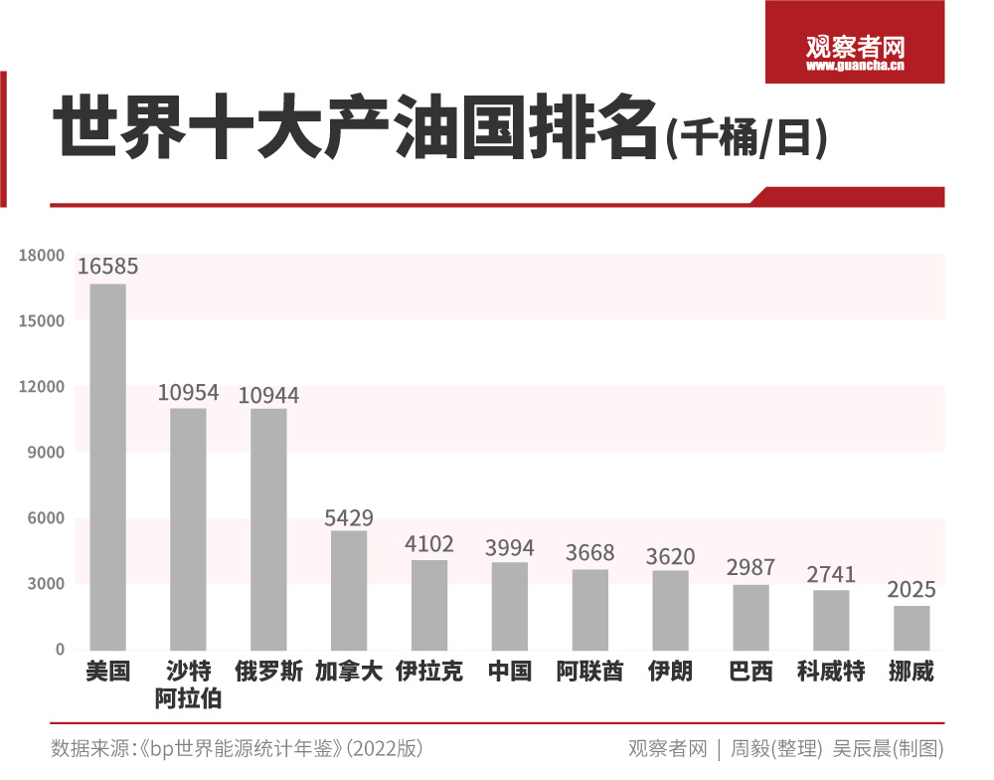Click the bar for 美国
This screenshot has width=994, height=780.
pyautogui.click(x=108, y=468)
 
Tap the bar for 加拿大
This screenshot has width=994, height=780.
pyautogui.click(x=349, y=590)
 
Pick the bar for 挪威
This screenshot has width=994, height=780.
pyautogui.click(x=911, y=628)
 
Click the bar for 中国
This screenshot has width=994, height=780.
pyautogui.click(x=510, y=606)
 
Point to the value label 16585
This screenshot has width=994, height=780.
pyautogui.click(x=108, y=267)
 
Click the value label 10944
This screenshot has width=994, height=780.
pyautogui.click(x=268, y=395)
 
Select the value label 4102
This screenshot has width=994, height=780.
pyautogui.click(x=429, y=544)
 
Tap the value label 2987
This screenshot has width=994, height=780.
pyautogui.click(x=750, y=567)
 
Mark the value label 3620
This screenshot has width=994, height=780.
pyautogui.click(x=670, y=555)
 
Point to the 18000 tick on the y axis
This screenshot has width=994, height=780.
pyautogui.click(x=41, y=256)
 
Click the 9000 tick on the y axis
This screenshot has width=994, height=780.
pyautogui.click(x=45, y=453)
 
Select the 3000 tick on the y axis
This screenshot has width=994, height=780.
pyautogui.click(x=45, y=584)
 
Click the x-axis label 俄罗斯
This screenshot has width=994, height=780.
pyautogui.click(x=268, y=672)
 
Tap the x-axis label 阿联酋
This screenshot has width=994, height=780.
pyautogui.click(x=589, y=672)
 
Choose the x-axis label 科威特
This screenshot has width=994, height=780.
pyautogui.click(x=831, y=672)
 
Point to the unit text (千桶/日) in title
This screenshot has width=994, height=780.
pyautogui.click(x=745, y=138)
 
